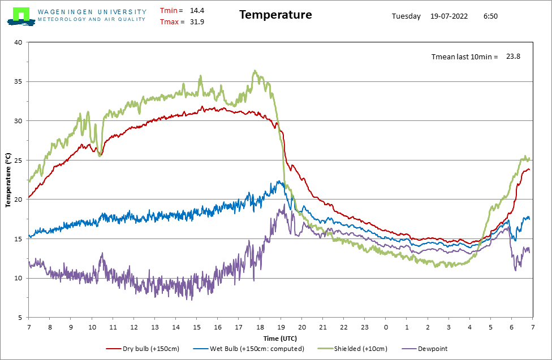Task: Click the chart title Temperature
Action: (x=275, y=15)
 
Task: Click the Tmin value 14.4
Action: (x=197, y=11)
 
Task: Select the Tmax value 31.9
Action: (x=197, y=22)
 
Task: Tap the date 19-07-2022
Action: (x=449, y=16)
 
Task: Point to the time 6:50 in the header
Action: (x=490, y=16)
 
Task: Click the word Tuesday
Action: (x=406, y=16)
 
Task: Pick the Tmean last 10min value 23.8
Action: (x=514, y=57)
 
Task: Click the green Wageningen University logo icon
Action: (x=21, y=16)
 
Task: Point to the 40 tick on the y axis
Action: (x=18, y=42)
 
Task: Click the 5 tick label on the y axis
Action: (x=20, y=318)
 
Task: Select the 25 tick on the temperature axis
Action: (x=18, y=160)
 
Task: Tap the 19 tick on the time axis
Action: (x=281, y=327)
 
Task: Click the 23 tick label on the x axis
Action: (x=365, y=327)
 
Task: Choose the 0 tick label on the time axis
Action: (x=386, y=327)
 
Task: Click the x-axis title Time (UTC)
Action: (x=280, y=339)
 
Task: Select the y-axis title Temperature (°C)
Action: (x=8, y=180)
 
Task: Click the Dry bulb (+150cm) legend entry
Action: (x=143, y=349)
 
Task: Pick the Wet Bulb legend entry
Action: (x=248, y=349)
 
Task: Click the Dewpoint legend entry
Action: (x=425, y=349)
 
